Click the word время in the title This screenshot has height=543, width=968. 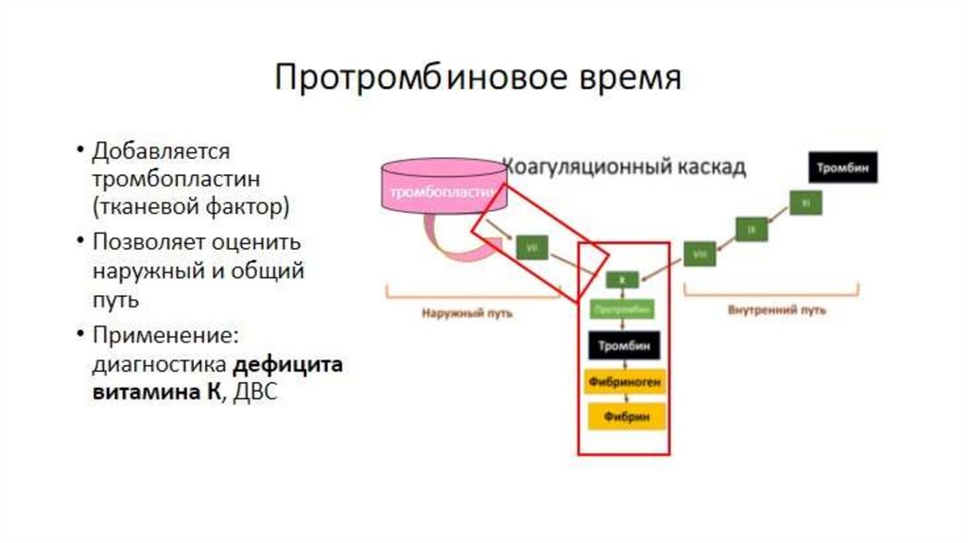click(x=626, y=77)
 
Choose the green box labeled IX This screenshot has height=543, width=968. click(x=752, y=229)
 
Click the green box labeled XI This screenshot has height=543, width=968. click(x=804, y=203)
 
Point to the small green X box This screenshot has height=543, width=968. click(x=622, y=280)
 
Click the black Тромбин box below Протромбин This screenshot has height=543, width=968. click(x=622, y=345)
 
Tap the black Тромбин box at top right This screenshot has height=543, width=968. click(x=843, y=167)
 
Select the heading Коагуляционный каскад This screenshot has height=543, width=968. click(x=624, y=167)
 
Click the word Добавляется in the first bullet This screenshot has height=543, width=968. click(x=162, y=151)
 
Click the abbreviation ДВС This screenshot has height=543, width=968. click(x=255, y=392)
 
